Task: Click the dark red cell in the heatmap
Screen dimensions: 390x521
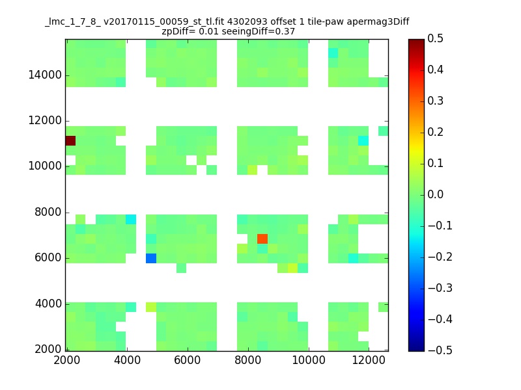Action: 70,140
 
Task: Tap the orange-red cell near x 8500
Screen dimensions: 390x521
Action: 262,239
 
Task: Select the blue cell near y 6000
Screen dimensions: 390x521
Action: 151,258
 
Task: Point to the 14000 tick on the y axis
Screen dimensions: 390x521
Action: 45,75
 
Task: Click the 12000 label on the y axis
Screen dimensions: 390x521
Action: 45,120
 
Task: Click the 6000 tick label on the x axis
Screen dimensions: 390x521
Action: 187,361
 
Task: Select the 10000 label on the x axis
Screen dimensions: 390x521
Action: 308,361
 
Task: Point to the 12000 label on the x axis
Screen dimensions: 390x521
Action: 369,361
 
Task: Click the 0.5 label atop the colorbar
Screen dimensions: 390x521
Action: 436,39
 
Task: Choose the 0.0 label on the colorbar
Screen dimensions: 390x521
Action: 436,194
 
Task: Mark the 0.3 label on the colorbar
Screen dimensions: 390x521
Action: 436,101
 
